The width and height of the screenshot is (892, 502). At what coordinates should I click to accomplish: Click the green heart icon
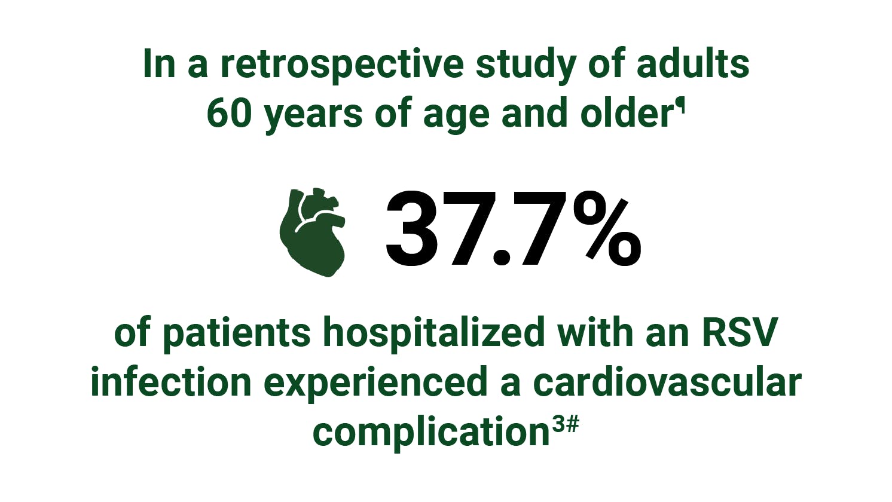(x=312, y=232)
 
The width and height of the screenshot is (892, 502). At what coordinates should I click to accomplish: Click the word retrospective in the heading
(x=341, y=64)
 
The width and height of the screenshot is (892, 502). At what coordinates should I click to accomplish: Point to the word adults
(x=692, y=64)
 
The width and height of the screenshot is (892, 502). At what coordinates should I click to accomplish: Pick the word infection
(x=171, y=382)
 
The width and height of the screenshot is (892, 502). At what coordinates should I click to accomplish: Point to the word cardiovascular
(x=666, y=382)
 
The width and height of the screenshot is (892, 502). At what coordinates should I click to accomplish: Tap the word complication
(x=430, y=432)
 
